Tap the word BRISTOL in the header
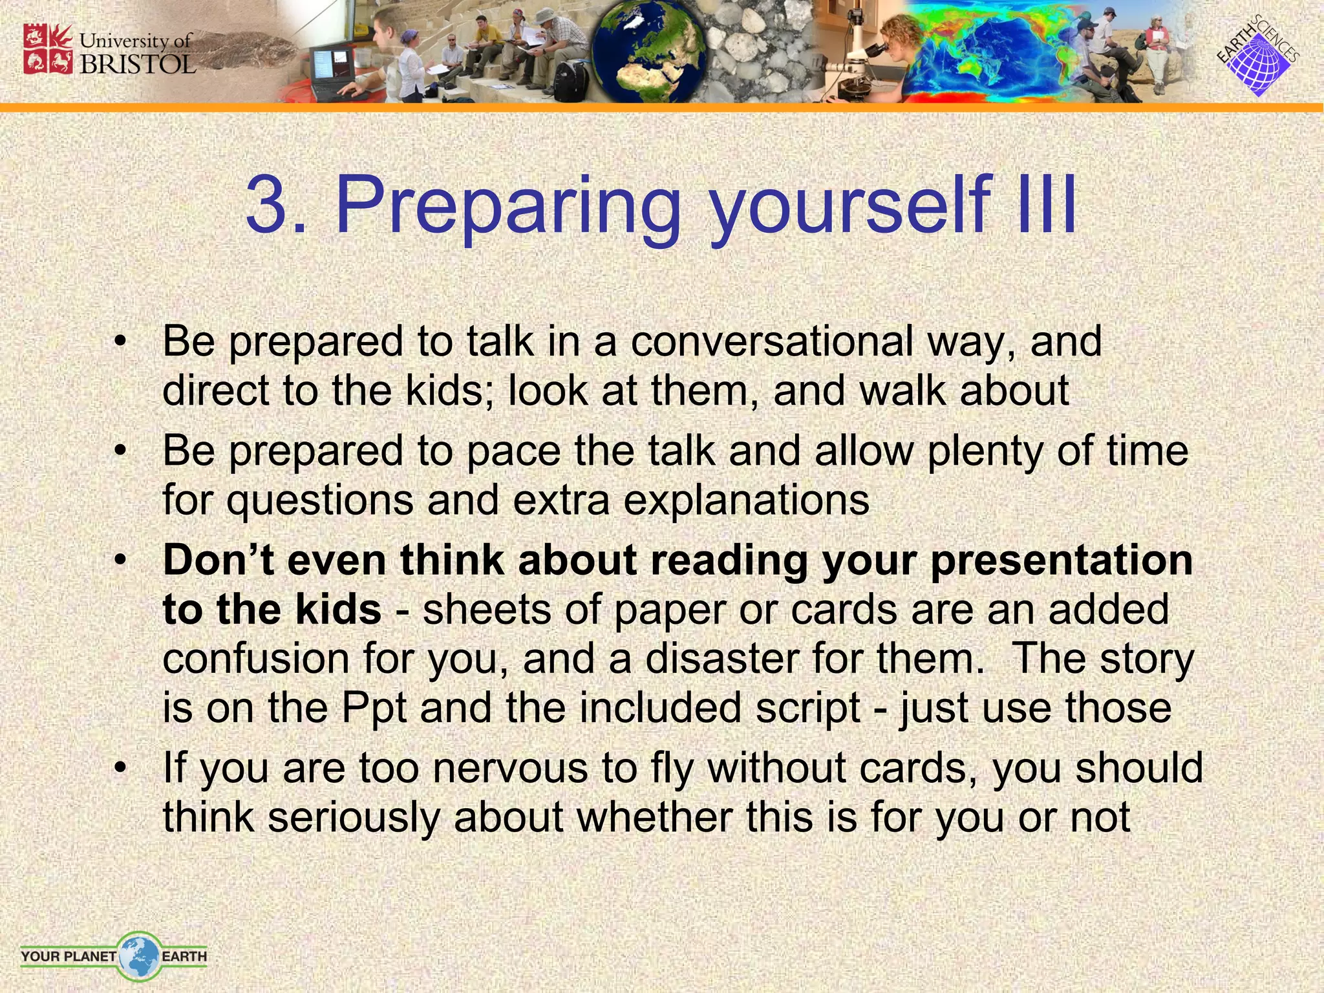point(138,64)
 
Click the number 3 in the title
point(266,206)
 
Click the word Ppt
point(374,709)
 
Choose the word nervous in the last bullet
point(510,767)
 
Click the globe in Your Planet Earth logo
point(139,955)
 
